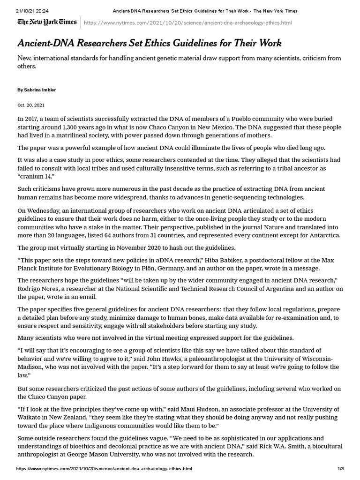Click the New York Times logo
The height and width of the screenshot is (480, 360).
tap(47, 22)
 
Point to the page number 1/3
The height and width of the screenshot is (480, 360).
tap(341, 469)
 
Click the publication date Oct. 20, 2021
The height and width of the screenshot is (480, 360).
tap(31, 105)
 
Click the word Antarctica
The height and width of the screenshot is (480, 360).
tap(322, 235)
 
